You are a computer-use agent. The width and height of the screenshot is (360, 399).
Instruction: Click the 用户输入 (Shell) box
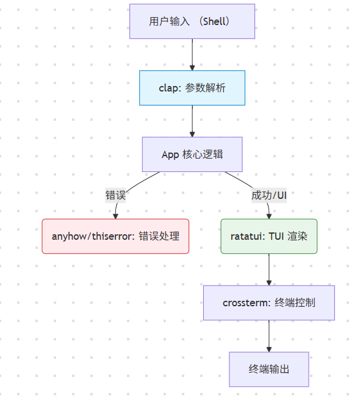[192, 21]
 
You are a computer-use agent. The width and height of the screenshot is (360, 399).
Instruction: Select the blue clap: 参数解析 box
[192, 88]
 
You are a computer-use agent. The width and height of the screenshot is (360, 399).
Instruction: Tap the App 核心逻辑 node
[192, 154]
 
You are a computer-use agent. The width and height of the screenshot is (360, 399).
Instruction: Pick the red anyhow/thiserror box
[115, 236]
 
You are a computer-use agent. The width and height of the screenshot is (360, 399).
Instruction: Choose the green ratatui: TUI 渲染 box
[268, 236]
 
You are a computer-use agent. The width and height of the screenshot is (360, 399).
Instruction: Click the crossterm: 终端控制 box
[268, 303]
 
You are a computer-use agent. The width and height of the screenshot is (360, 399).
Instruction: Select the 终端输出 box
[268, 369]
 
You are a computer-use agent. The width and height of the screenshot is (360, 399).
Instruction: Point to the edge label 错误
[115, 195]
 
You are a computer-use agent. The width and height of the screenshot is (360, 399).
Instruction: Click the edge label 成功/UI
[268, 195]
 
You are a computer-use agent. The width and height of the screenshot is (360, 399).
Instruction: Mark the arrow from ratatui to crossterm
[268, 268]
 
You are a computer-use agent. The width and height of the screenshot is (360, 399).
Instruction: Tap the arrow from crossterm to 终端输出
[268, 335]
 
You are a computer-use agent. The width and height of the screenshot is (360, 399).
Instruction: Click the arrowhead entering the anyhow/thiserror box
[115, 215]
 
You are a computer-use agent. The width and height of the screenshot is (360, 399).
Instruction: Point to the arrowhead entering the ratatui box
[268, 215]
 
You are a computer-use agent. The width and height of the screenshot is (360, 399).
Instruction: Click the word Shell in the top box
[213, 21]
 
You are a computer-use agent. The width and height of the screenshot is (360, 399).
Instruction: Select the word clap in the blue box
[168, 88]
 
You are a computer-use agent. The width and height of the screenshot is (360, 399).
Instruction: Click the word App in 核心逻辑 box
[170, 154]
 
